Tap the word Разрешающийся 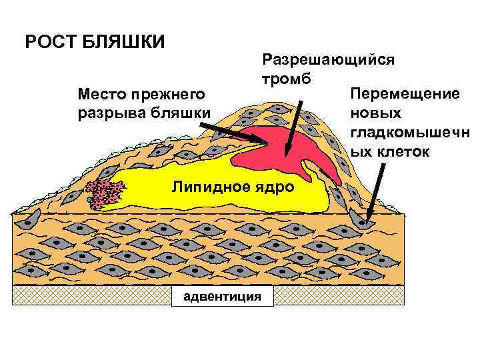328,59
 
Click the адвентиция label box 222,295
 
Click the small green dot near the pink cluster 87,199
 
